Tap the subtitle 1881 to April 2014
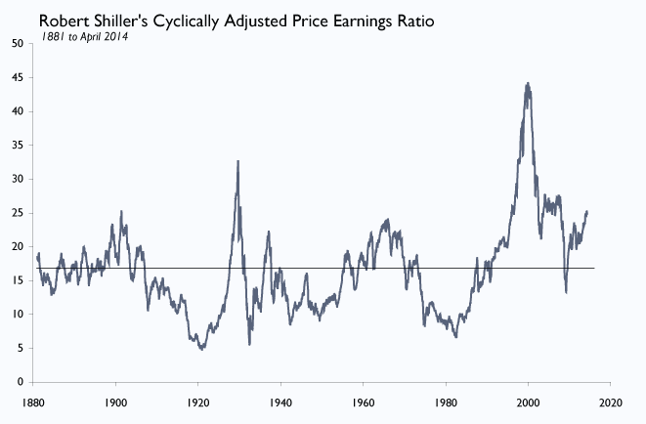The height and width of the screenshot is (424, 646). pos(84,36)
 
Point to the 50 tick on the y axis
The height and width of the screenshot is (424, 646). pos(18,44)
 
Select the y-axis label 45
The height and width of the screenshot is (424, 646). pos(18,78)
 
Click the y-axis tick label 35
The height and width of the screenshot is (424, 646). pos(18,146)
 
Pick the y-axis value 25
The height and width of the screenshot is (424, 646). pos(18,213)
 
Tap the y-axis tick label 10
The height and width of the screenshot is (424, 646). pos(18,315)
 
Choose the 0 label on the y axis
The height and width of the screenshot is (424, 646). pos(21,382)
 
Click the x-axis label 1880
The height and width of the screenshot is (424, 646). pos(33,401)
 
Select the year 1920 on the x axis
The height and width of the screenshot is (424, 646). pos(198,401)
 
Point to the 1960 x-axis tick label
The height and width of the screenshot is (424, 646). pos(364,401)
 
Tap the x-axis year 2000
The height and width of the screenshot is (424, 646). pos(529,401)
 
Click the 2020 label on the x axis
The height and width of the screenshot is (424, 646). pos(611,401)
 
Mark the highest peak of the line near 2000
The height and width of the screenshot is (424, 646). pos(528,84)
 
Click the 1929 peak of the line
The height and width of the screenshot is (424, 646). pos(237,161)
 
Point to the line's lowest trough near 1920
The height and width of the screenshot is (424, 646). pos(201,348)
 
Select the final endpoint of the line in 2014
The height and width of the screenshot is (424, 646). pos(587,212)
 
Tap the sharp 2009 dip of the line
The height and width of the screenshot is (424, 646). pos(566,292)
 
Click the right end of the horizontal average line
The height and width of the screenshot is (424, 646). pos(593,268)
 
